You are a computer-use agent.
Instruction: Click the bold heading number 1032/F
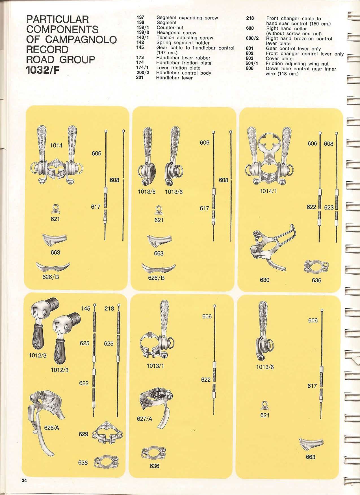pyautogui.click(x=43, y=70)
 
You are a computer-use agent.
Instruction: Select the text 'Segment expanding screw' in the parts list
pyautogui.click(x=187, y=18)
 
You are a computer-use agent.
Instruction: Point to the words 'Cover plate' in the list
pyautogui.click(x=279, y=59)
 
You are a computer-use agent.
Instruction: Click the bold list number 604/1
pyautogui.click(x=252, y=64)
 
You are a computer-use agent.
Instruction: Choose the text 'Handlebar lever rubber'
pyautogui.click(x=183, y=58)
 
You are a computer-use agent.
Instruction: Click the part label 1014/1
pyautogui.click(x=268, y=191)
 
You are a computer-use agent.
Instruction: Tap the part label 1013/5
pyautogui.click(x=147, y=192)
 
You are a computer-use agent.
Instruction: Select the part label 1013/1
pyautogui.click(x=155, y=366)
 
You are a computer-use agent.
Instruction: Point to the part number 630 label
pyautogui.click(x=265, y=280)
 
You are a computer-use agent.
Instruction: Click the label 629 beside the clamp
pyautogui.click(x=83, y=434)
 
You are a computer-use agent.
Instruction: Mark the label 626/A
pyautogui.click(x=52, y=428)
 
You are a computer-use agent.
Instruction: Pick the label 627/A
pyautogui.click(x=144, y=419)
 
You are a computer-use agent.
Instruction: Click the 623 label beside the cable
pyautogui.click(x=329, y=207)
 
